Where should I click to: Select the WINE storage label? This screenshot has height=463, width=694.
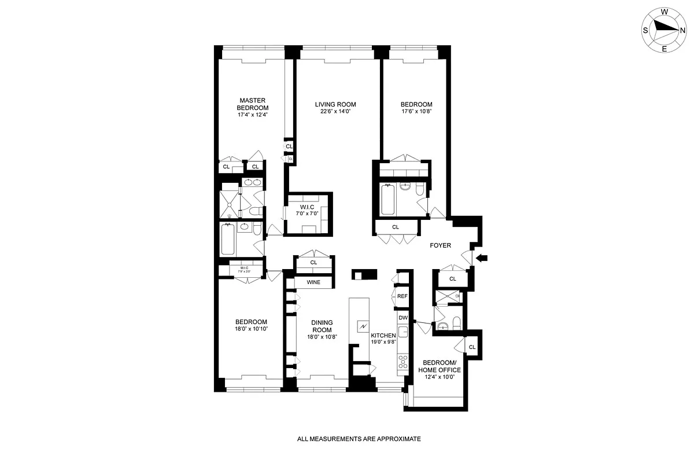[313, 282]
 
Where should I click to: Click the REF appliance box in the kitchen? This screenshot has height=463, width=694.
[403, 296]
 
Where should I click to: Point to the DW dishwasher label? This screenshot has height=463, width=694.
[403, 318]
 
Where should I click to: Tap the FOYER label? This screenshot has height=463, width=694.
[440, 245]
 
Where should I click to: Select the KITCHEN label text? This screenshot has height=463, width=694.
[383, 336]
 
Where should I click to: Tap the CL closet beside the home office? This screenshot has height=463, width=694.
[472, 347]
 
